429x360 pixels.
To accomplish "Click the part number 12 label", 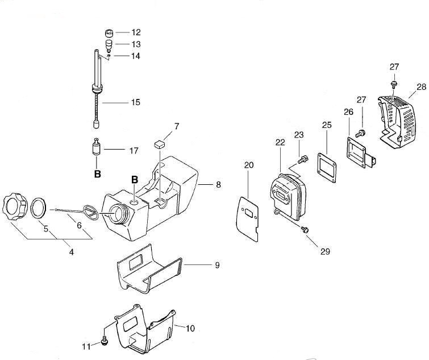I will [x=136, y=32].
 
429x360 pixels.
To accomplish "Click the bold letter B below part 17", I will [x=97, y=174].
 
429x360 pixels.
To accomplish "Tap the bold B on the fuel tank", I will [x=135, y=180].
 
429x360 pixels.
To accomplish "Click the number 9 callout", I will [x=216, y=264].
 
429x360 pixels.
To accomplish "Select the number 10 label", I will [x=190, y=328].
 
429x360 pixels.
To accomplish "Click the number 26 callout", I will [x=348, y=111].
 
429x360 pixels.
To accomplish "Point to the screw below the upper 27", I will [x=393, y=85].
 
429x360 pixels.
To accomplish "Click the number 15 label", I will [x=136, y=102].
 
